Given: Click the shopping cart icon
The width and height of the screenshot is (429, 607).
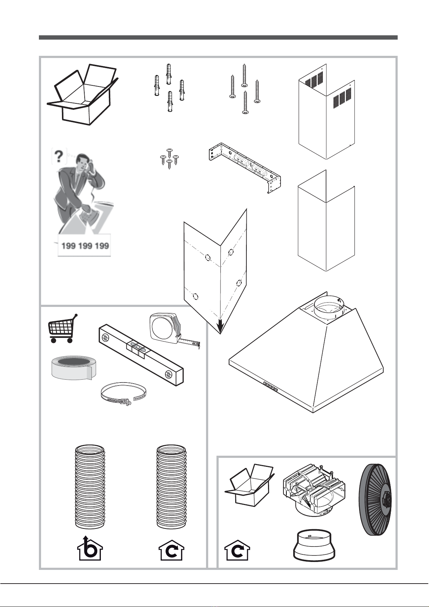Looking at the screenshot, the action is tap(62, 329).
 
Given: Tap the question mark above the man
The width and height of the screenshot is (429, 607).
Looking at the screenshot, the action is tap(59, 157).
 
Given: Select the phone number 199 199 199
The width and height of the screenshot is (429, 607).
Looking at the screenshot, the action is tap(85, 246).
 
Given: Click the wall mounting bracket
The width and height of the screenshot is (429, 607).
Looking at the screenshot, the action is tap(245, 167).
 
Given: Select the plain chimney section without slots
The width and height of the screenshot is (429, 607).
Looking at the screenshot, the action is tap(326, 220).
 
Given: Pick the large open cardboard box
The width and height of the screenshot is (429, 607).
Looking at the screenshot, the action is tap(82, 95).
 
